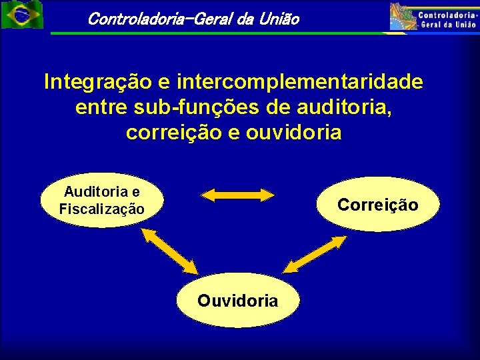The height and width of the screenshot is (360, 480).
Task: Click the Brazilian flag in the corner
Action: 21,15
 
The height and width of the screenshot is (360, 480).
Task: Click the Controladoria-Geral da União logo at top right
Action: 434,16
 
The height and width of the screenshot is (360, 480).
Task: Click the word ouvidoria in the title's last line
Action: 294,132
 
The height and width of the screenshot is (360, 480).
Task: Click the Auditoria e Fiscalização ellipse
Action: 101,200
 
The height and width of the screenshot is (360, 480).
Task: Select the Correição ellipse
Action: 377,204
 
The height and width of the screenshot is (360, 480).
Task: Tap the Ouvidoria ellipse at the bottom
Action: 238,300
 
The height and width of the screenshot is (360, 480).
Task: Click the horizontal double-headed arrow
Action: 238,195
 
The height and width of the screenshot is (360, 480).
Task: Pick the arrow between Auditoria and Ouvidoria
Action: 169,251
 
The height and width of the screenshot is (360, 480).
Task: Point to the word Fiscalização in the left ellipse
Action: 101,209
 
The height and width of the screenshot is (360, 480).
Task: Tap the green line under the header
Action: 220,33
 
